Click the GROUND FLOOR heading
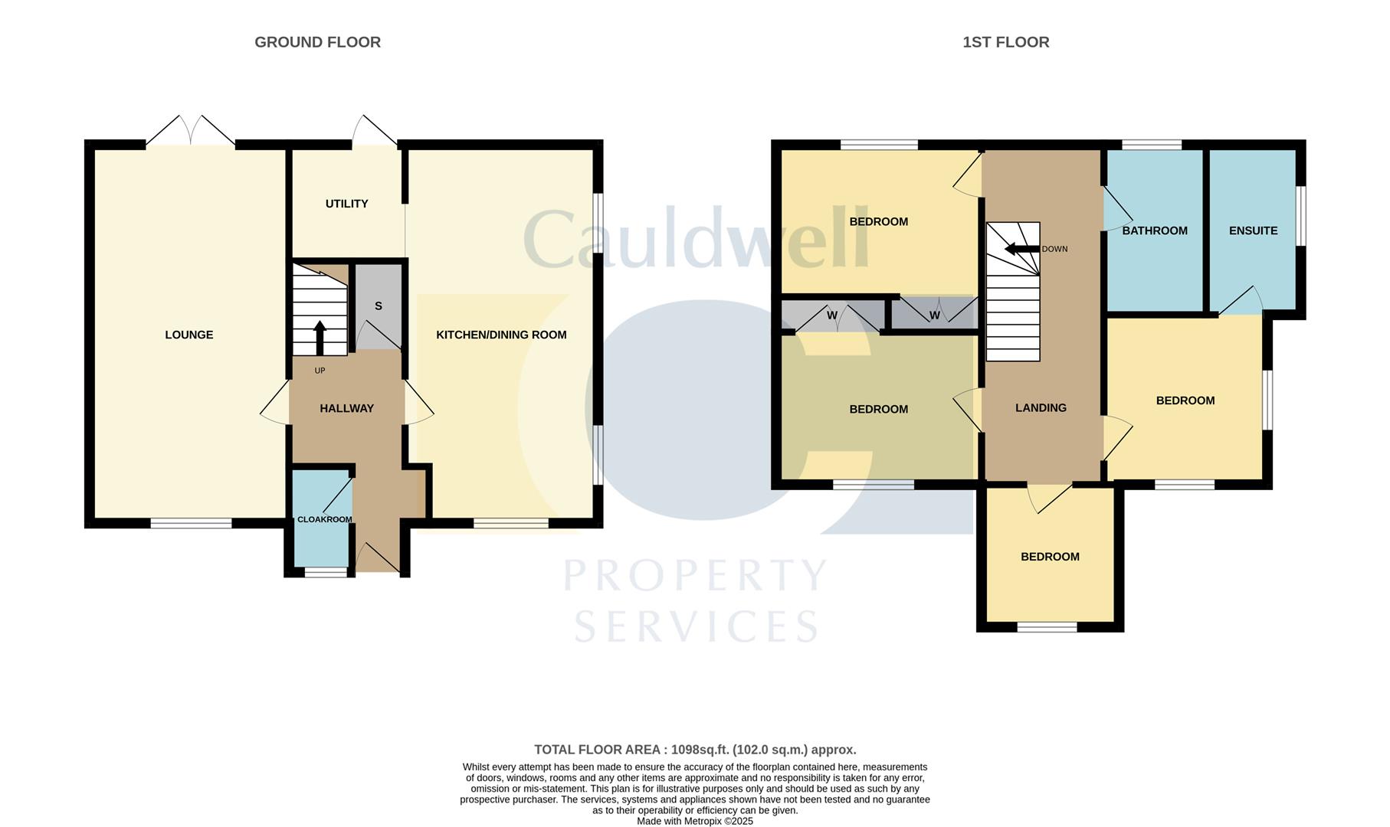[317, 42]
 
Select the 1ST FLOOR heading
[1005, 42]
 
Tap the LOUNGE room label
[189, 335]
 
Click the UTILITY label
[346, 204]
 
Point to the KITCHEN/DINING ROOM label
[501, 335]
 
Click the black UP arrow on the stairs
[320, 337]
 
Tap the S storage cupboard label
[379, 306]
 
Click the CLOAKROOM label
[325, 519]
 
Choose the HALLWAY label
[346, 408]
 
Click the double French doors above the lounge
[190, 132]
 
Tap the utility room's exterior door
[375, 132]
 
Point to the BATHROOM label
[1155, 230]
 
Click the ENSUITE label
[1253, 230]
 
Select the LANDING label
[1041, 407]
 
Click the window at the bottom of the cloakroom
[326, 571]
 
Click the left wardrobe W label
[832, 315]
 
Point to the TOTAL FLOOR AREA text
[694, 750]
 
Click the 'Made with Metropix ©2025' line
[694, 821]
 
